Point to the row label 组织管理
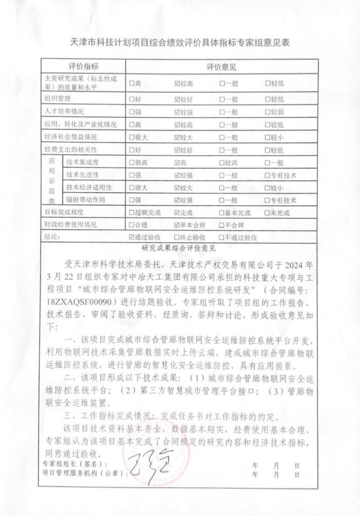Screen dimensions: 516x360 pos(58,99)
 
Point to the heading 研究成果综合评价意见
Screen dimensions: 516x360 pos(178,248)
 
